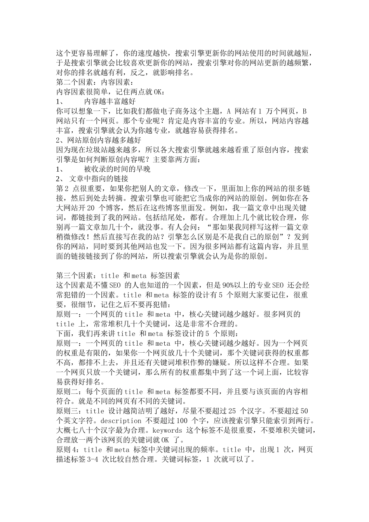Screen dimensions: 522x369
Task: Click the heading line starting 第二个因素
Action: pyautogui.click(x=95, y=82)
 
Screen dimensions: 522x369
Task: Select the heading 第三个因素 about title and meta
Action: pyautogui.click(x=118, y=275)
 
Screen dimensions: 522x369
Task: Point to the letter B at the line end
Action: pyautogui.click(x=305, y=111)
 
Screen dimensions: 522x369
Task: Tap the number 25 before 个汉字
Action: pyautogui.click(x=232, y=411)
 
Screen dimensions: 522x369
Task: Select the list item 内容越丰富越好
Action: pyautogui.click(x=110, y=101)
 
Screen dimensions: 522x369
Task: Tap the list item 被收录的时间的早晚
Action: pyautogui.click(x=117, y=169)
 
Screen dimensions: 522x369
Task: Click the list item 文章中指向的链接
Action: pyautogui.click(x=99, y=179)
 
